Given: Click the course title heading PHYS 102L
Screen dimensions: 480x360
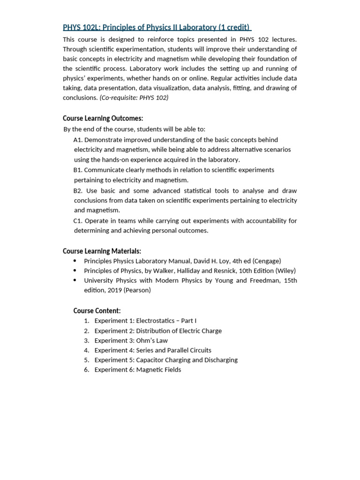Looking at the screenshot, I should click(x=157, y=27).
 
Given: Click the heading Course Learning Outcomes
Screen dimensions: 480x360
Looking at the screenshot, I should click(x=103, y=118).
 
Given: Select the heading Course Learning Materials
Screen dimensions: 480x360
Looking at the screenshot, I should click(x=102, y=251).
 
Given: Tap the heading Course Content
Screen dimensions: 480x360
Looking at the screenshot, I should click(x=97, y=310).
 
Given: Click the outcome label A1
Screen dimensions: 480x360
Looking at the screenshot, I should click(x=78, y=140).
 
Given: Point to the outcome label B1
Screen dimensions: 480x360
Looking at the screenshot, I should click(x=78, y=170).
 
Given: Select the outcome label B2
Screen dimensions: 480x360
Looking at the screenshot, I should click(x=78, y=190).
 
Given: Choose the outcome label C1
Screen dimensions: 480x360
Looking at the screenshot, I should click(x=78, y=220).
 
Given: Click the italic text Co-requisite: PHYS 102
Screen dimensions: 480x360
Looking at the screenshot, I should click(x=135, y=97).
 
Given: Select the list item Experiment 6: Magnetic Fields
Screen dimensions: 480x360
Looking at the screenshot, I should click(x=137, y=369).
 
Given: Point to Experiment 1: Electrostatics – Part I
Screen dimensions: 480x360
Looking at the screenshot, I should click(x=145, y=321).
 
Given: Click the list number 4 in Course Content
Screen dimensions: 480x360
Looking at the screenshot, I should click(x=87, y=350).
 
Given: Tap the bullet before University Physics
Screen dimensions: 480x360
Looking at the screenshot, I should click(x=75, y=280).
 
